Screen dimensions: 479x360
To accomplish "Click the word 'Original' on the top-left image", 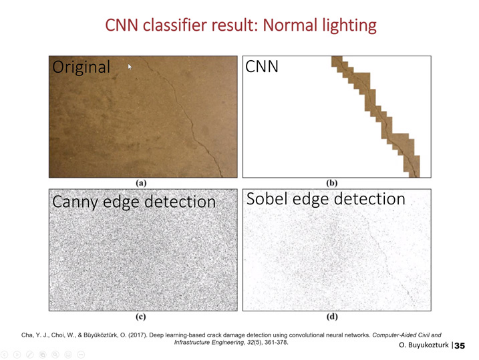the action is coord(82,67).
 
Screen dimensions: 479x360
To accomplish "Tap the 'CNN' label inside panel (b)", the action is coord(262,66).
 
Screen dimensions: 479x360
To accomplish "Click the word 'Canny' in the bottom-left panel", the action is coord(75,202).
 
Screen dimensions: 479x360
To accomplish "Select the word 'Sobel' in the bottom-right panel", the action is coord(267,199).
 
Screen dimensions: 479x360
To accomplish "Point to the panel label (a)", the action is coord(141,183).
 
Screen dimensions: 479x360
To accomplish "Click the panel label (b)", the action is coord(332,183).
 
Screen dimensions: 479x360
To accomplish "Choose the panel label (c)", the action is coord(141,317).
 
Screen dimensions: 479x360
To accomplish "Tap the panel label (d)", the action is coord(332,317).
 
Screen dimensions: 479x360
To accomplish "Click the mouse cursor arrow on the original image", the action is coord(130,67).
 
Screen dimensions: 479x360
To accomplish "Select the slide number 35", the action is coord(460,346).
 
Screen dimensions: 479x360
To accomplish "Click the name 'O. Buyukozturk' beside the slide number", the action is coord(424,345).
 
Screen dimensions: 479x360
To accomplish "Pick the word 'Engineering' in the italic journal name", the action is coord(228,343).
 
